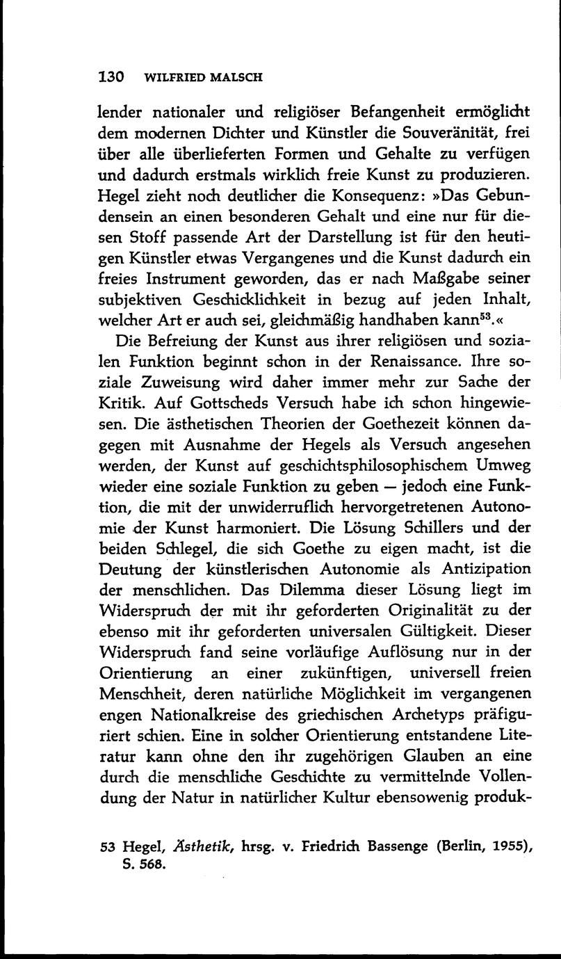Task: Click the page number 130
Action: point(110,77)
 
